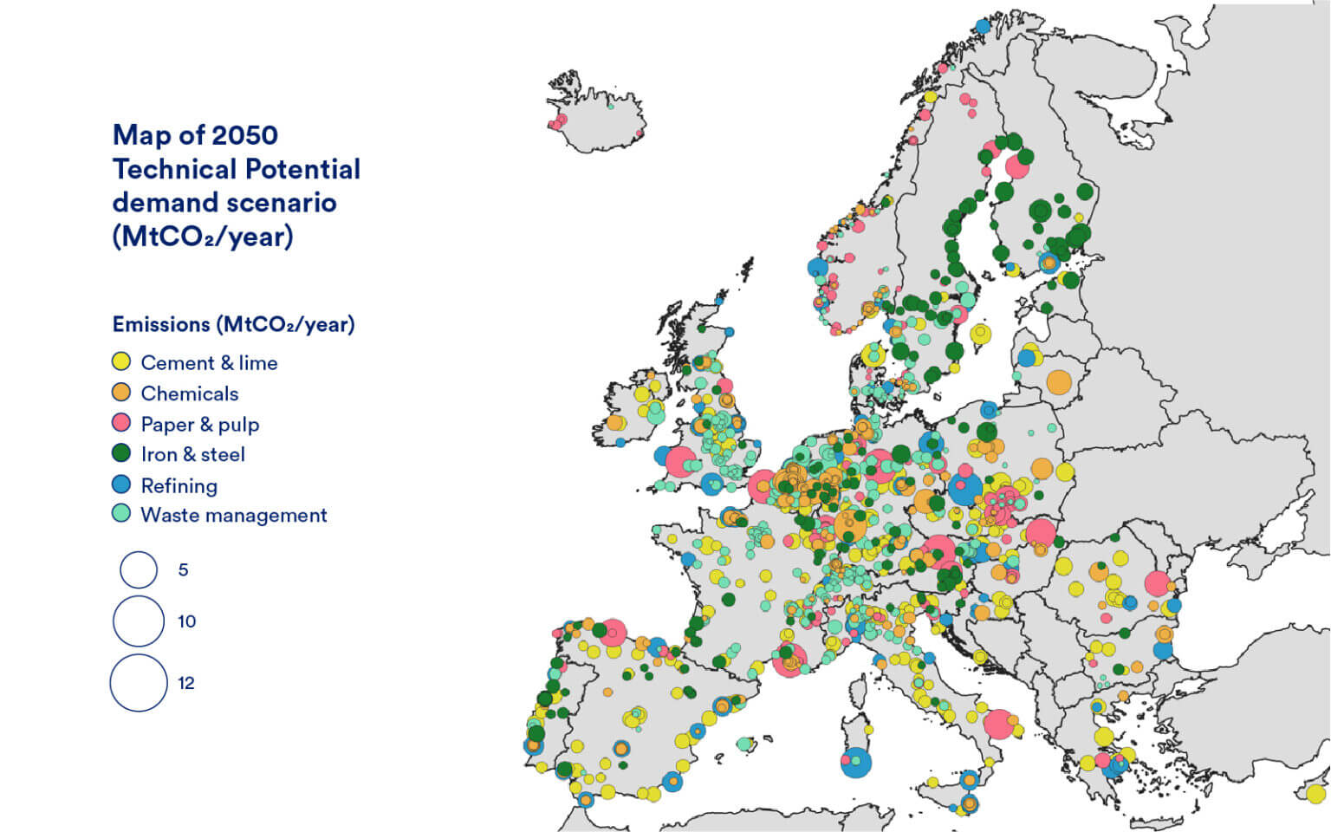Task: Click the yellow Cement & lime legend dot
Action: (x=121, y=361)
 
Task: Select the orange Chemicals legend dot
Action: (x=121, y=393)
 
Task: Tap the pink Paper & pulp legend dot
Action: (x=121, y=423)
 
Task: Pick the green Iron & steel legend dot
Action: (x=121, y=453)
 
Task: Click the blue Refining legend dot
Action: (x=121, y=484)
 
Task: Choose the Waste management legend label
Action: (x=233, y=515)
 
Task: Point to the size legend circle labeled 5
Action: (x=139, y=570)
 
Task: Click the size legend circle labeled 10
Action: (x=139, y=621)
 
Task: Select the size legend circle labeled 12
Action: (x=139, y=683)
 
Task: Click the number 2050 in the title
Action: (x=244, y=135)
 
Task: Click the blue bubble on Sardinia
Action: (x=855, y=762)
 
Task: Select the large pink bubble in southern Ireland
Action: (x=680, y=462)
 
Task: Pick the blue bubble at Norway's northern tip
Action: (x=983, y=26)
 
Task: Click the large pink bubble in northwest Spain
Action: (x=614, y=633)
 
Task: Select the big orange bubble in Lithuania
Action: (x=1059, y=381)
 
